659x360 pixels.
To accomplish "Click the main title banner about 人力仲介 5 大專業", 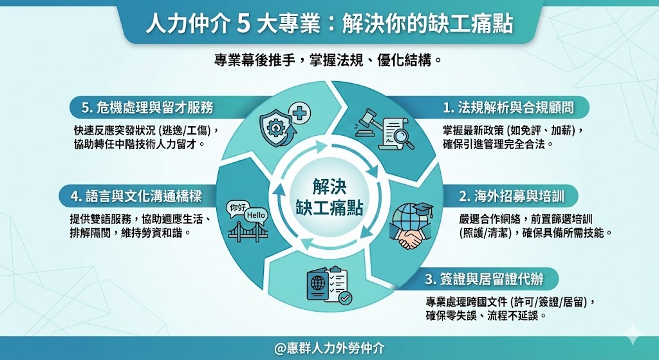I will [329, 24].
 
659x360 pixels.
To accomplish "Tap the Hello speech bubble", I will [256, 215].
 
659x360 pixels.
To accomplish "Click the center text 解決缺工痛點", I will [329, 197].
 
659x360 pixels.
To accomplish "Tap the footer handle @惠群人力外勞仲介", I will [329, 348].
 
